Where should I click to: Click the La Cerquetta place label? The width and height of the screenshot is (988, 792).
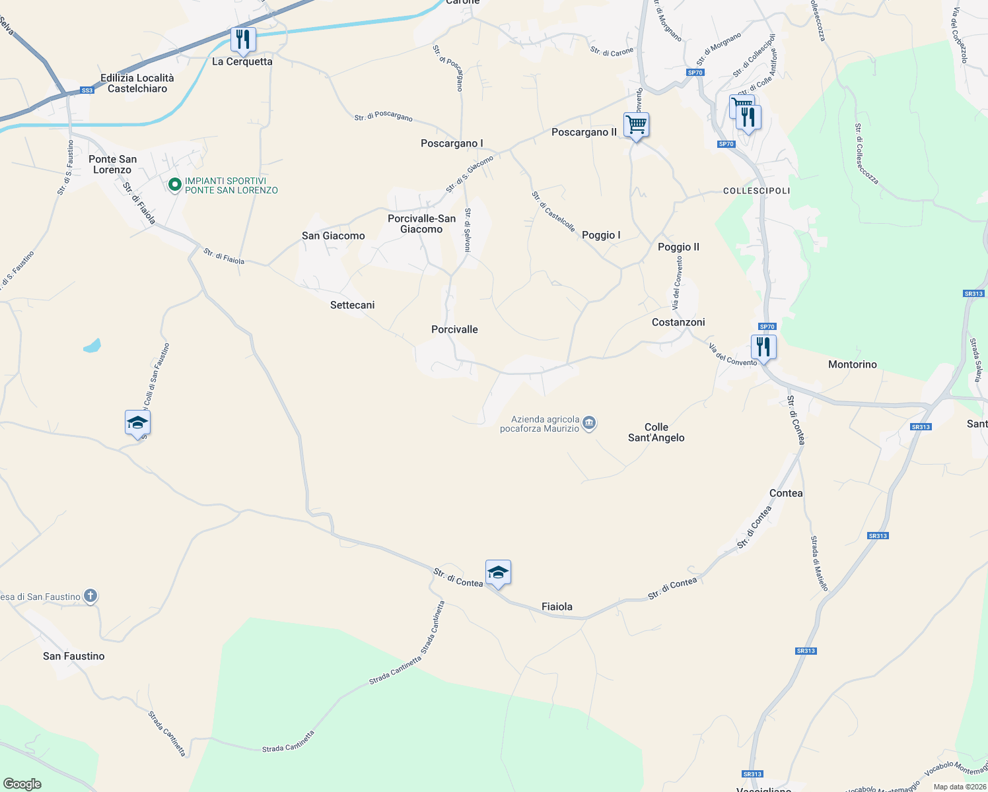click(242, 61)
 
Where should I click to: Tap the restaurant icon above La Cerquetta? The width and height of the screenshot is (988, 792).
click(243, 40)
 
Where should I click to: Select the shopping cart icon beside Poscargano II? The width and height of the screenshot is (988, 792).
click(636, 124)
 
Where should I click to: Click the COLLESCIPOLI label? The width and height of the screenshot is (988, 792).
click(756, 191)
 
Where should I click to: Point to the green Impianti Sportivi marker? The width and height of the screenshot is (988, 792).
click(175, 185)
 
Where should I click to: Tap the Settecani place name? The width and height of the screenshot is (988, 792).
click(352, 305)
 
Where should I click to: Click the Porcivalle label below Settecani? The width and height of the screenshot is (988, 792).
click(454, 329)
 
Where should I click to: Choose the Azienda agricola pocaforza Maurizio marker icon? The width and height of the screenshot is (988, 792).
click(589, 423)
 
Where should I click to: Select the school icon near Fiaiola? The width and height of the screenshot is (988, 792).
click(498, 572)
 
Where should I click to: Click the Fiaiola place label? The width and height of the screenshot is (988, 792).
click(557, 607)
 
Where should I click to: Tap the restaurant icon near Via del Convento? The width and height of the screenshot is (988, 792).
click(763, 346)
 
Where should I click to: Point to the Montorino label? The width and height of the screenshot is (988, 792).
click(852, 364)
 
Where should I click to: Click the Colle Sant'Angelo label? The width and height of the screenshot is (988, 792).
click(656, 432)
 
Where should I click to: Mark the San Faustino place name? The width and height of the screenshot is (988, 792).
click(73, 656)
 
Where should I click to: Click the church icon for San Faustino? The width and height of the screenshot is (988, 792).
click(90, 597)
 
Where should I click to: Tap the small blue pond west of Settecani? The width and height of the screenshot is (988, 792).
click(92, 345)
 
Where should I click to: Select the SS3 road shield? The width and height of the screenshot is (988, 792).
click(87, 90)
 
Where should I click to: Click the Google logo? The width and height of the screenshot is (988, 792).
click(22, 784)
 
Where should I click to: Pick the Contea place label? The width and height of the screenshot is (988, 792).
click(786, 493)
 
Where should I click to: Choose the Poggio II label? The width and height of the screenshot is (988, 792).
click(678, 247)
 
